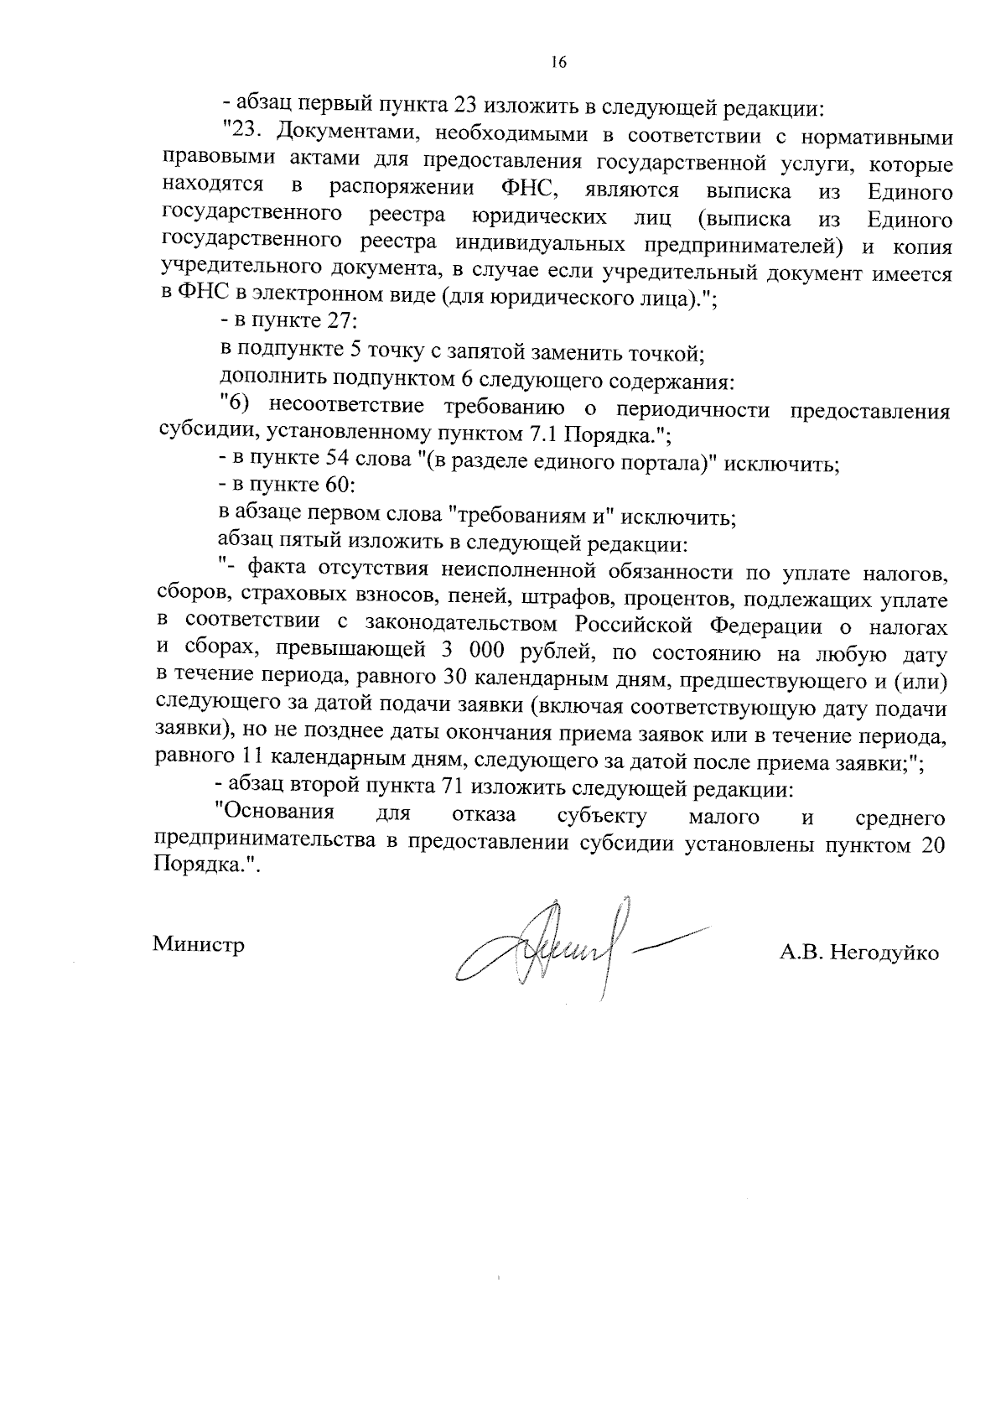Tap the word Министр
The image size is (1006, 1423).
coord(199,945)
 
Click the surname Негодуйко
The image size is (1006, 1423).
coord(883,953)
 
